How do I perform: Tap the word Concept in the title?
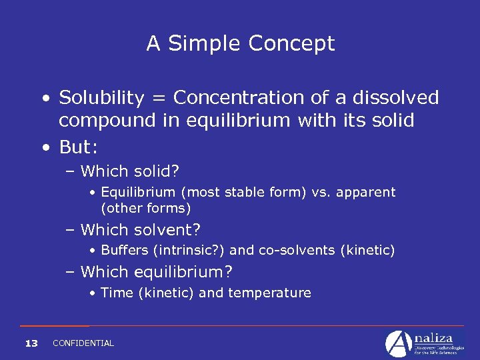291,44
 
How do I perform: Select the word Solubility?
101,98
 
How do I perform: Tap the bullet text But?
79,146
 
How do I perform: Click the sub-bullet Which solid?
129,171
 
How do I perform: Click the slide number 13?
31,343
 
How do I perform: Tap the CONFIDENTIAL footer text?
83,343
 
